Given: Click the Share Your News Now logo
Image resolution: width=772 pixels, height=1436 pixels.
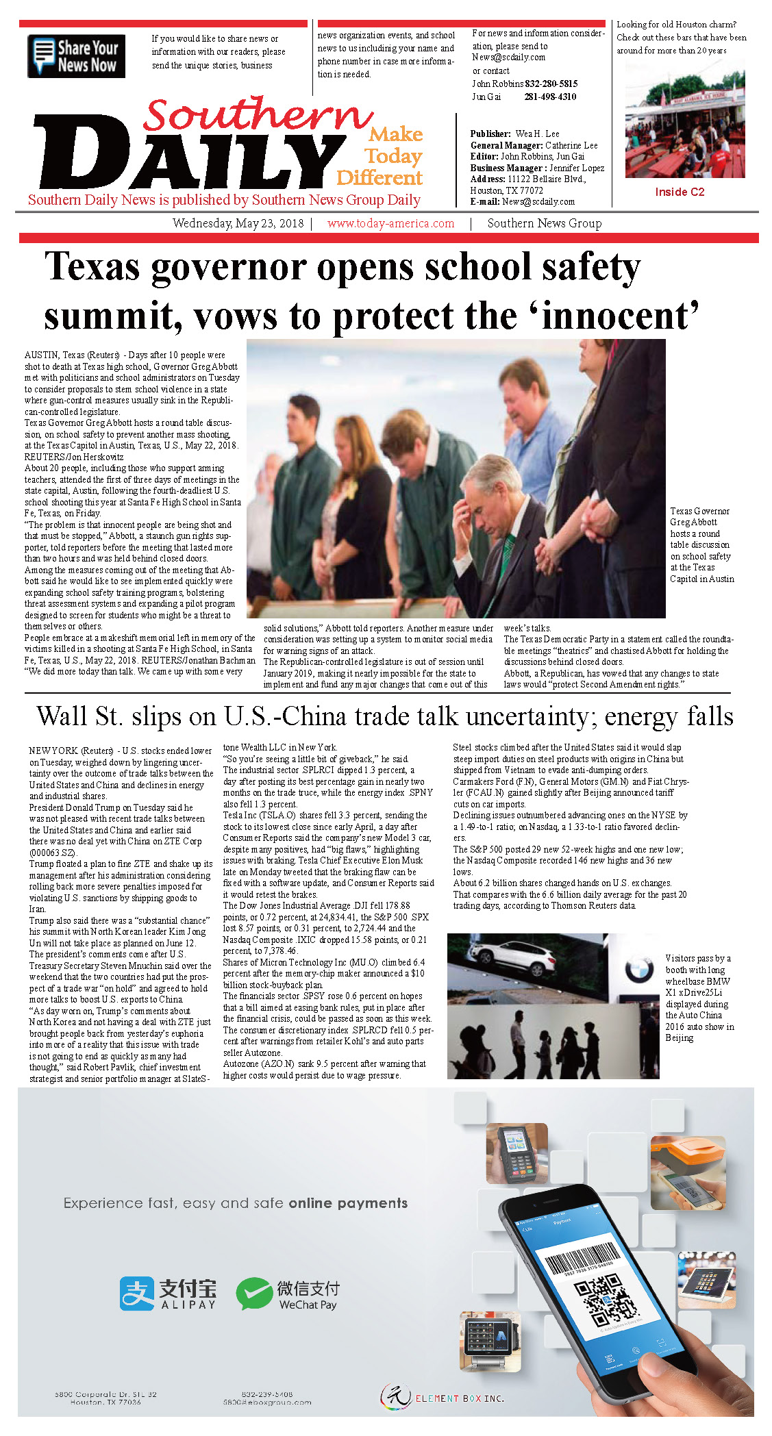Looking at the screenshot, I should [x=76, y=56].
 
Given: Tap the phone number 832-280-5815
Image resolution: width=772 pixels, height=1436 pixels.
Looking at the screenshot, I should [x=551, y=84].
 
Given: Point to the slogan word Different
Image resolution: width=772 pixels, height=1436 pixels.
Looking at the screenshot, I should [x=379, y=178].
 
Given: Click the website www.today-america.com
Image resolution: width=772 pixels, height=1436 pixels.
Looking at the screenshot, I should [x=390, y=223].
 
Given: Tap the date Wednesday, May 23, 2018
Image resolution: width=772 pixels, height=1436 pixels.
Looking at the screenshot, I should [x=238, y=223].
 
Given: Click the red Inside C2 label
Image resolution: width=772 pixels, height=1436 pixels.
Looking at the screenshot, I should [x=679, y=192].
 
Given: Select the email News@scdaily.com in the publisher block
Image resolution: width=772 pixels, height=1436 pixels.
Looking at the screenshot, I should [x=538, y=202].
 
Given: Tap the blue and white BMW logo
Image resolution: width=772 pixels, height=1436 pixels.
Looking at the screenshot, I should [x=638, y=968].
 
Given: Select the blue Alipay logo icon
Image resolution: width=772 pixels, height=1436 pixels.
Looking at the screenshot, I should [x=136, y=1293].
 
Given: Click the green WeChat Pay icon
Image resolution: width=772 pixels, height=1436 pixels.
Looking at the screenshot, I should [x=253, y=1293].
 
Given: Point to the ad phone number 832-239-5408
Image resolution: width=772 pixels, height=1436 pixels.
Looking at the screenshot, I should [x=266, y=1394].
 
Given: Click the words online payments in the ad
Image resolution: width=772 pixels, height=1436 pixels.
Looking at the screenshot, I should [x=348, y=1203].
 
